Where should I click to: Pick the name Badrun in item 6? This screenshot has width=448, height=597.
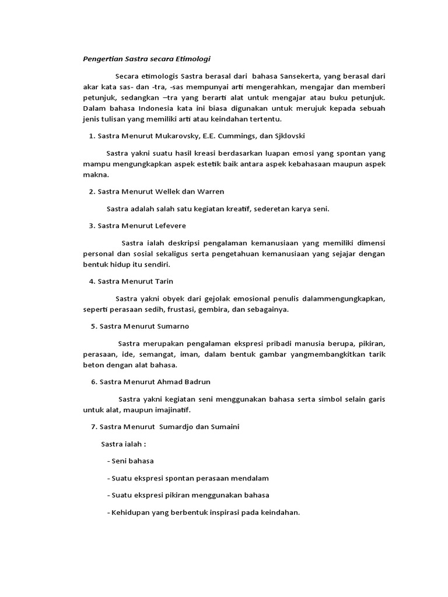(197, 382)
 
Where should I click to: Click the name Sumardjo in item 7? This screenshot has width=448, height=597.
(176, 427)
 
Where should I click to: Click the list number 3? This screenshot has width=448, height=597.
(92, 225)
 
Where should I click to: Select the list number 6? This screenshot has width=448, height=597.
(93, 382)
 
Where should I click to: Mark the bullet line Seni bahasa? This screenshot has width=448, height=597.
(131, 461)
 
